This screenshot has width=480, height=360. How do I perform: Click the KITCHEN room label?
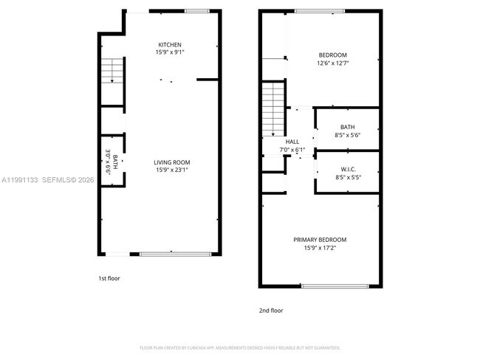170,45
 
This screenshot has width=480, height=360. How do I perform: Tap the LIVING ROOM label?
172,162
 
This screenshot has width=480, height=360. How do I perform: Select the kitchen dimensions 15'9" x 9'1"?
170,53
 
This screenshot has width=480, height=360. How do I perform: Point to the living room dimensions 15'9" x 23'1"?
172,170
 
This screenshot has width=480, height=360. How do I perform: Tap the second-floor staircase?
274,104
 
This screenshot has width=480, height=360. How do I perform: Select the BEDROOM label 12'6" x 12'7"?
332,55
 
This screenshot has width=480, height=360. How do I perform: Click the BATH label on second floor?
347,127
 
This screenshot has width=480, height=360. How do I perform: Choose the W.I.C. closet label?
347,169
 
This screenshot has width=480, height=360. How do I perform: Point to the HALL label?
292,142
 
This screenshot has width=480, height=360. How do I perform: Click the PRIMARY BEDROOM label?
320,240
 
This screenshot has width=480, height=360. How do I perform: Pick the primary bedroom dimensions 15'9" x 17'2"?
320,248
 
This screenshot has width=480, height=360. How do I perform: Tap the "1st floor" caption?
109,278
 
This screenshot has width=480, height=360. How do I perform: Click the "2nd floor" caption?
270,311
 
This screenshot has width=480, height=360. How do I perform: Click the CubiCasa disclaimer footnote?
240,347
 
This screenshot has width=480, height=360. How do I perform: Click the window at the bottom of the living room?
171,254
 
